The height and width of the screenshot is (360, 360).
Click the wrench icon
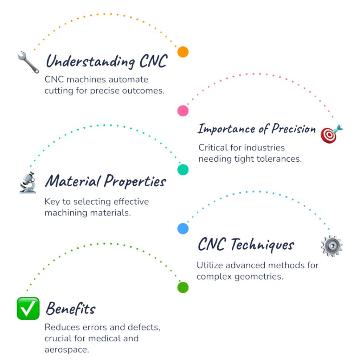click(x=28, y=62)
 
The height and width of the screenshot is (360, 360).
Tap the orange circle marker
click(x=183, y=52)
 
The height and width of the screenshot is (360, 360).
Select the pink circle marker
click(x=183, y=111)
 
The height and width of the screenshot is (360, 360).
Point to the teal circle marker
click(x=183, y=170)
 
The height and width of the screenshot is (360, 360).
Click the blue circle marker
click(x=183, y=229)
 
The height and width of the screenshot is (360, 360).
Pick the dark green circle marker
click(x=183, y=288)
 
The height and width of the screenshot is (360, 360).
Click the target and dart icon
click(x=332, y=134)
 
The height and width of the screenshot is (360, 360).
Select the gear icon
click(x=332, y=246)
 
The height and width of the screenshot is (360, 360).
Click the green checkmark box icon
click(x=28, y=308)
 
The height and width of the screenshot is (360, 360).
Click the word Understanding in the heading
click(x=90, y=62)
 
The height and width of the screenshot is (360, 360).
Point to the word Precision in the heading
click(x=294, y=129)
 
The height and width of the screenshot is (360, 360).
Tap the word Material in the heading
click(x=73, y=181)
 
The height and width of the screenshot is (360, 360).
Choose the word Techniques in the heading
click(x=262, y=245)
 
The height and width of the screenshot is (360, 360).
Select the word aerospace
click(x=66, y=349)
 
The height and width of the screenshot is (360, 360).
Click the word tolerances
click(x=279, y=159)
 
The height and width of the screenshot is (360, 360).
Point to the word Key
click(x=52, y=201)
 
